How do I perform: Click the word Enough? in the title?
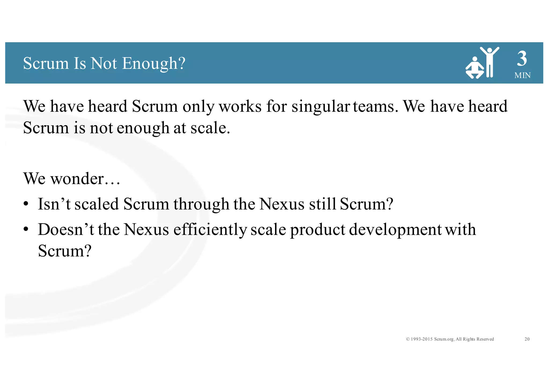point(154,64)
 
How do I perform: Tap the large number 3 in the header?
point(522,59)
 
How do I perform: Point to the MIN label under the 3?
point(522,75)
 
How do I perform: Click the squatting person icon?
point(475,68)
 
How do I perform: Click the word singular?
point(320,106)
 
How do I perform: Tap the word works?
point(240,106)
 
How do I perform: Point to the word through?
point(201,204)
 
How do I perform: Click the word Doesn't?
point(66,230)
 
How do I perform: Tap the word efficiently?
point(210,230)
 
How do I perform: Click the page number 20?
point(527,339)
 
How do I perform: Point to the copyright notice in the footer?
point(450,339)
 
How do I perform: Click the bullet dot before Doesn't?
point(26,230)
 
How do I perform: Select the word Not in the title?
point(104,64)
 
